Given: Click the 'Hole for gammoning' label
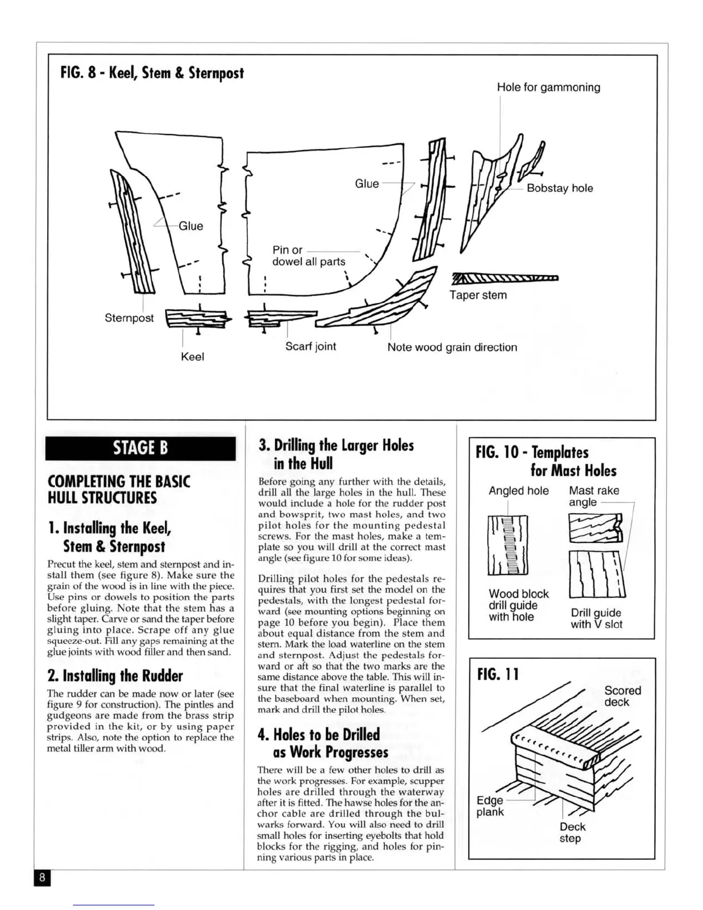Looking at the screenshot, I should (x=548, y=87).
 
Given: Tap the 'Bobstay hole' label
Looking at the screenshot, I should (x=559, y=188).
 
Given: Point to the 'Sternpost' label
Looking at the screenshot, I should (x=129, y=318).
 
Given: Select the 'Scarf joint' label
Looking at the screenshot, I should (x=310, y=346).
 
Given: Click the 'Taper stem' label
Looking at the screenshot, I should (x=478, y=295).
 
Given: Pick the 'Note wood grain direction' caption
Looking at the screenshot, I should (x=452, y=347).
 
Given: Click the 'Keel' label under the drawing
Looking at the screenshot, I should (x=192, y=356).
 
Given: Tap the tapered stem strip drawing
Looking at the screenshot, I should (x=505, y=279).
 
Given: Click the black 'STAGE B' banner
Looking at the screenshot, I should (x=140, y=448).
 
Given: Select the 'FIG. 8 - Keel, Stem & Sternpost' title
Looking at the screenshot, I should (x=152, y=73).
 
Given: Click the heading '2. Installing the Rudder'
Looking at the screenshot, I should (x=115, y=676).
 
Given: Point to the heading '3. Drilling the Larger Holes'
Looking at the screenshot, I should (x=336, y=454).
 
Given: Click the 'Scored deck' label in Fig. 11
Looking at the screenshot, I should (x=622, y=696).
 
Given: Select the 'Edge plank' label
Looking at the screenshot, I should (x=490, y=806).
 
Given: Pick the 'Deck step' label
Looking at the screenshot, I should (x=572, y=832).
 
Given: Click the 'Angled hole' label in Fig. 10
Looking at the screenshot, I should (x=518, y=491).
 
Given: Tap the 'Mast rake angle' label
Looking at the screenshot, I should (x=593, y=496).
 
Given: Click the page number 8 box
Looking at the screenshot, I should (x=43, y=877).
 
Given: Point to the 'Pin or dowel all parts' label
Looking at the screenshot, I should (x=308, y=256).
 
